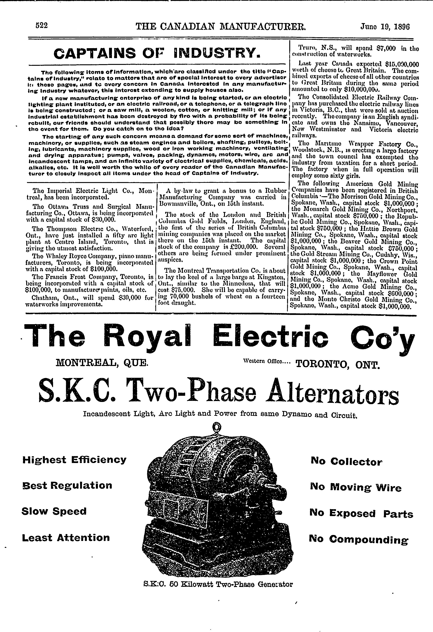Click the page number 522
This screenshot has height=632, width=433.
tap(42, 26)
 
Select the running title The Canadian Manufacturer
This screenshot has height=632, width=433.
tap(221, 26)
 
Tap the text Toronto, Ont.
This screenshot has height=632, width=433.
tap(337, 364)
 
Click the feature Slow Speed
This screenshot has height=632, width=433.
tap(54, 511)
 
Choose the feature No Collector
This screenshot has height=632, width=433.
tap(347, 462)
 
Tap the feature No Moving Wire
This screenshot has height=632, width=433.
tap(355, 487)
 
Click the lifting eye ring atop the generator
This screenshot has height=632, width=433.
tap(217, 428)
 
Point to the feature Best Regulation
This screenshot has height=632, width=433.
tap(67, 485)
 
